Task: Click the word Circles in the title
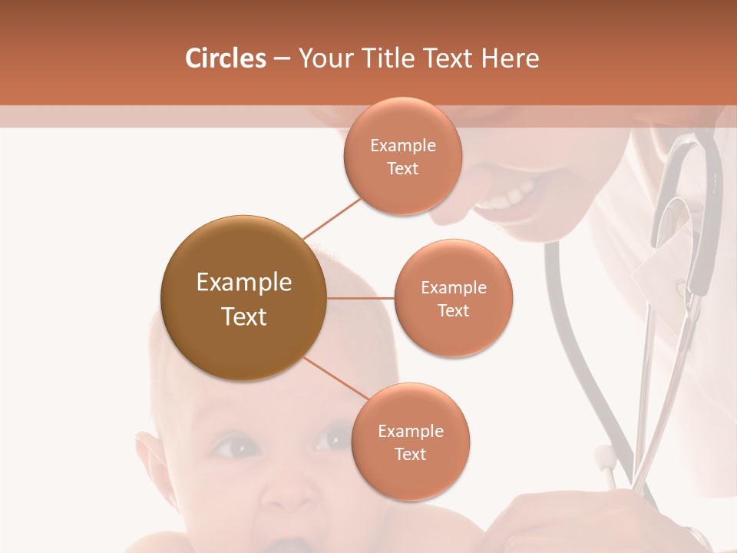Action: (x=226, y=58)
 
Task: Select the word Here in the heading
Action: (x=510, y=58)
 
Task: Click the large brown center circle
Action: (x=243, y=298)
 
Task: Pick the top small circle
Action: (x=402, y=156)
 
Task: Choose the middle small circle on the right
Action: (x=453, y=298)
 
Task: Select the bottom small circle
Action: (x=410, y=442)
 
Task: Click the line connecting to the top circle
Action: (x=332, y=217)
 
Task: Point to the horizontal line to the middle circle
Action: (x=360, y=298)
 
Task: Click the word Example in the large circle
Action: (x=243, y=283)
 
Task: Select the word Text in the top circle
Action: (x=402, y=169)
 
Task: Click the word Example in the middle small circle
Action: (x=453, y=288)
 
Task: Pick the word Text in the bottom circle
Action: (x=410, y=455)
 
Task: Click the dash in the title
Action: (x=281, y=59)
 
